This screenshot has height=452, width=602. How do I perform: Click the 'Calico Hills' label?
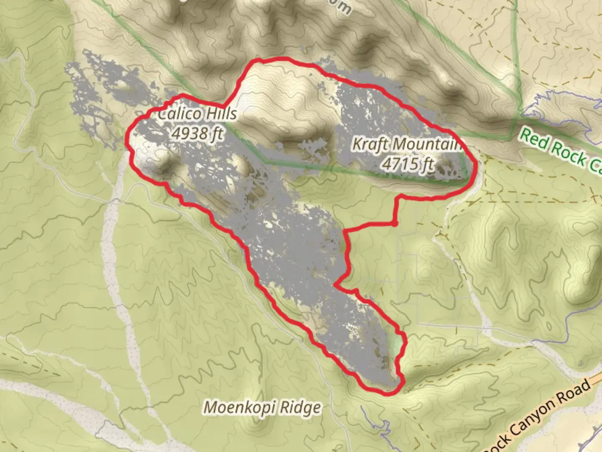[197, 114]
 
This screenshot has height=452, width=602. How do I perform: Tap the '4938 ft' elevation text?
[197, 134]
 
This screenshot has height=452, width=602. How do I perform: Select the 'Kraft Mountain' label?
[407, 144]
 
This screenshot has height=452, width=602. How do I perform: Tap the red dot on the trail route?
[394, 223]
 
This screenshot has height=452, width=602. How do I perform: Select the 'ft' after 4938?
[217, 134]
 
